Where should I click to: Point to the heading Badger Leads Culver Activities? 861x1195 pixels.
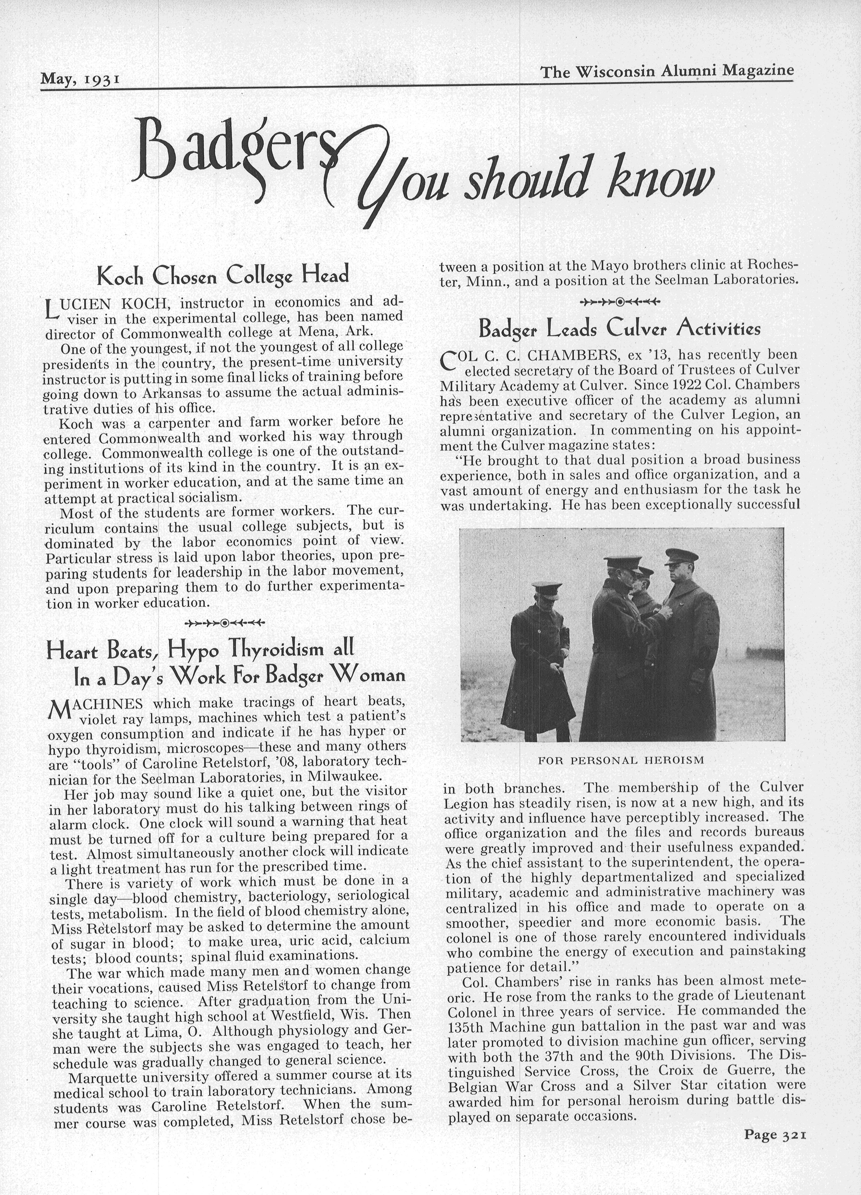(x=619, y=329)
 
